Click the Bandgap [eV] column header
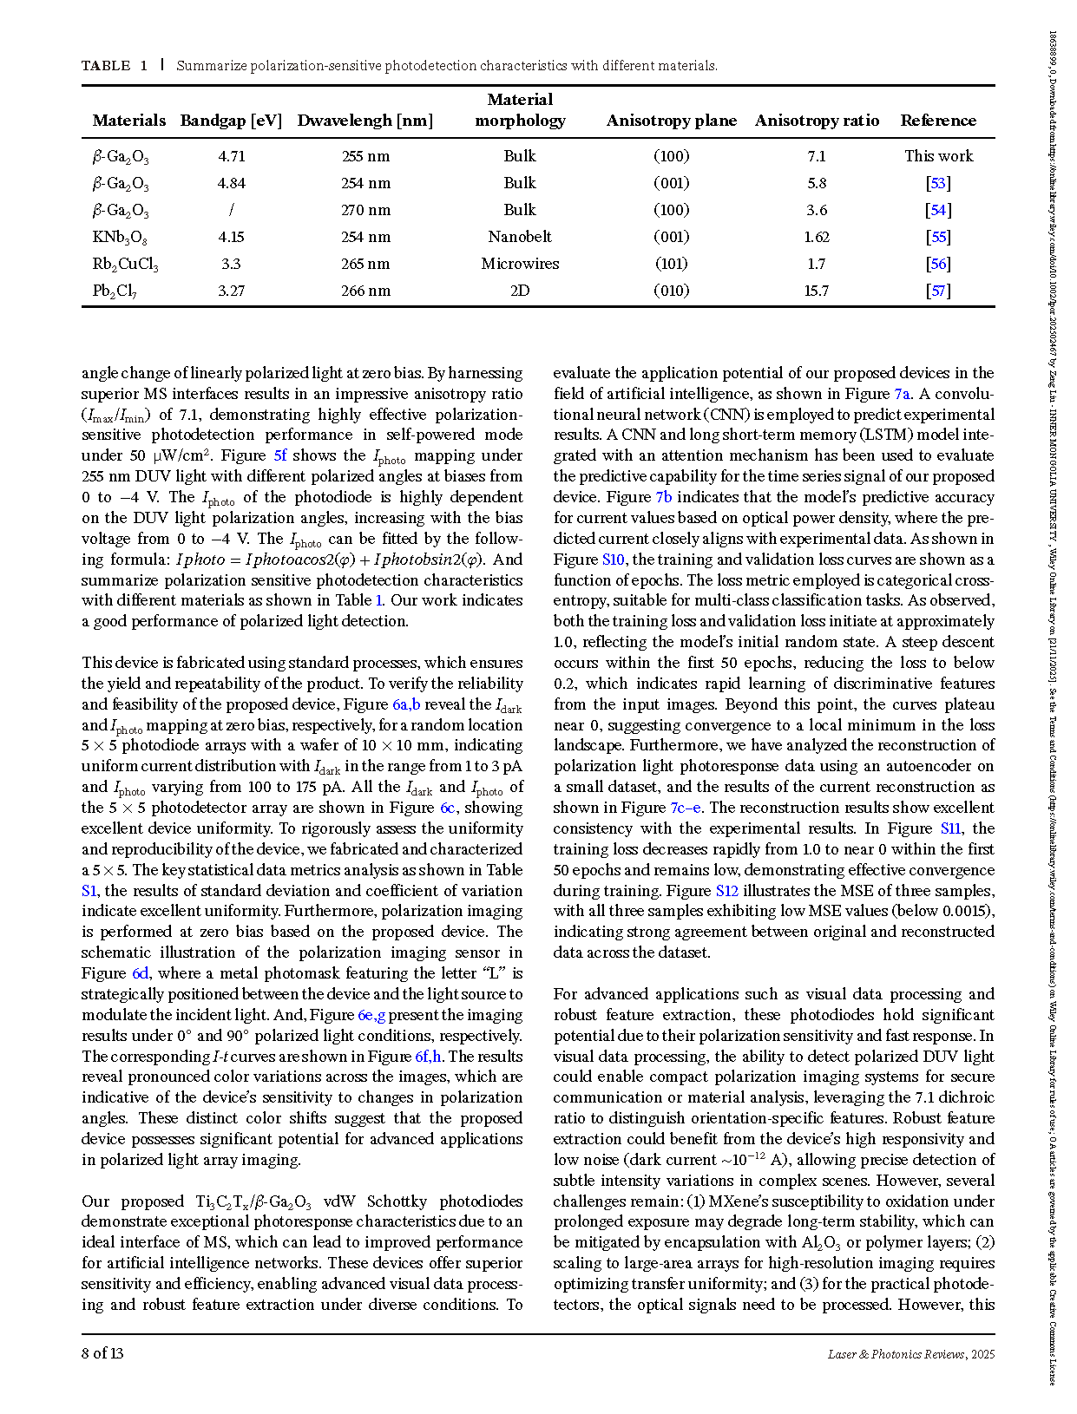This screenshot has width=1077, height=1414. [231, 121]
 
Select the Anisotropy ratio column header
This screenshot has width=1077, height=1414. [817, 121]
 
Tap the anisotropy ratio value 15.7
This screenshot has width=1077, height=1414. [816, 291]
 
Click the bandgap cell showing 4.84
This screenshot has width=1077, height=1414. [231, 183]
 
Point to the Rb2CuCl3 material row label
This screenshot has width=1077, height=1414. [125, 264]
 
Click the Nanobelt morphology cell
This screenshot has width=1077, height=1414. [520, 237]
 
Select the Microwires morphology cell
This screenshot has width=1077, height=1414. [520, 264]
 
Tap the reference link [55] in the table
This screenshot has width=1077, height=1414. [938, 237]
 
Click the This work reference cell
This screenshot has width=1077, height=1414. [938, 156]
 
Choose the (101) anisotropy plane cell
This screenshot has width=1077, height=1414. [671, 264]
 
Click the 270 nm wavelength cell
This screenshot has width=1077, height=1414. [365, 210]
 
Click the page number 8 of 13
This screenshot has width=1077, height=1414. [102, 1353]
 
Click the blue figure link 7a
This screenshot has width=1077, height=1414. [903, 394]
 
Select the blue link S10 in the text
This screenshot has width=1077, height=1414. [613, 560]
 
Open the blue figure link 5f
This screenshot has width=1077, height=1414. [280, 455]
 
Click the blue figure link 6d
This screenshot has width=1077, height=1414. [141, 973]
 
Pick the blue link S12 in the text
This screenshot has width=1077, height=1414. [726, 891]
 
